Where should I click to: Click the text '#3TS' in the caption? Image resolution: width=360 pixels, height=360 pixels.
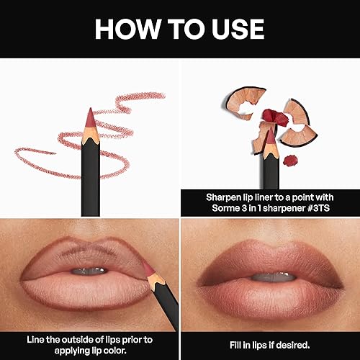[x=323, y=207]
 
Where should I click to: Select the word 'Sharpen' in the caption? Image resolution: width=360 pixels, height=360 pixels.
[x=206, y=195]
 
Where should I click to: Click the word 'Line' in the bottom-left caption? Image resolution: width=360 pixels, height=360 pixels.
[x=32, y=338]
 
